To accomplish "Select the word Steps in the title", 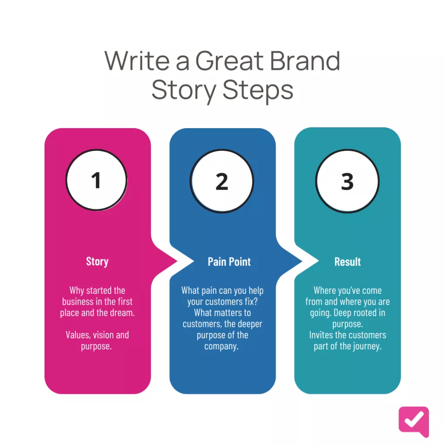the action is pyautogui.click(x=258, y=91).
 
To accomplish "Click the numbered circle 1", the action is pyautogui.click(x=96, y=180).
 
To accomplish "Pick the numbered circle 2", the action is pyautogui.click(x=222, y=181).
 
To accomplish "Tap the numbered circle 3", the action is pyautogui.click(x=347, y=181).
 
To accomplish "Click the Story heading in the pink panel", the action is pyautogui.click(x=97, y=262).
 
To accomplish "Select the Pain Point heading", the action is pyautogui.click(x=229, y=262).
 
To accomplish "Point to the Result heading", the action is pyautogui.click(x=347, y=262).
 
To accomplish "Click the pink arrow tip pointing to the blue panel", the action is pyautogui.click(x=177, y=261).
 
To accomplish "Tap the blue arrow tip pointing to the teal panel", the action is pyautogui.click(x=302, y=261).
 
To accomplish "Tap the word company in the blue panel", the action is pyautogui.click(x=220, y=347).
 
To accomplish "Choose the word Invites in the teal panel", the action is pyautogui.click(x=321, y=335).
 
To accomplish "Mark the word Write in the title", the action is pyautogui.click(x=137, y=60).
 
